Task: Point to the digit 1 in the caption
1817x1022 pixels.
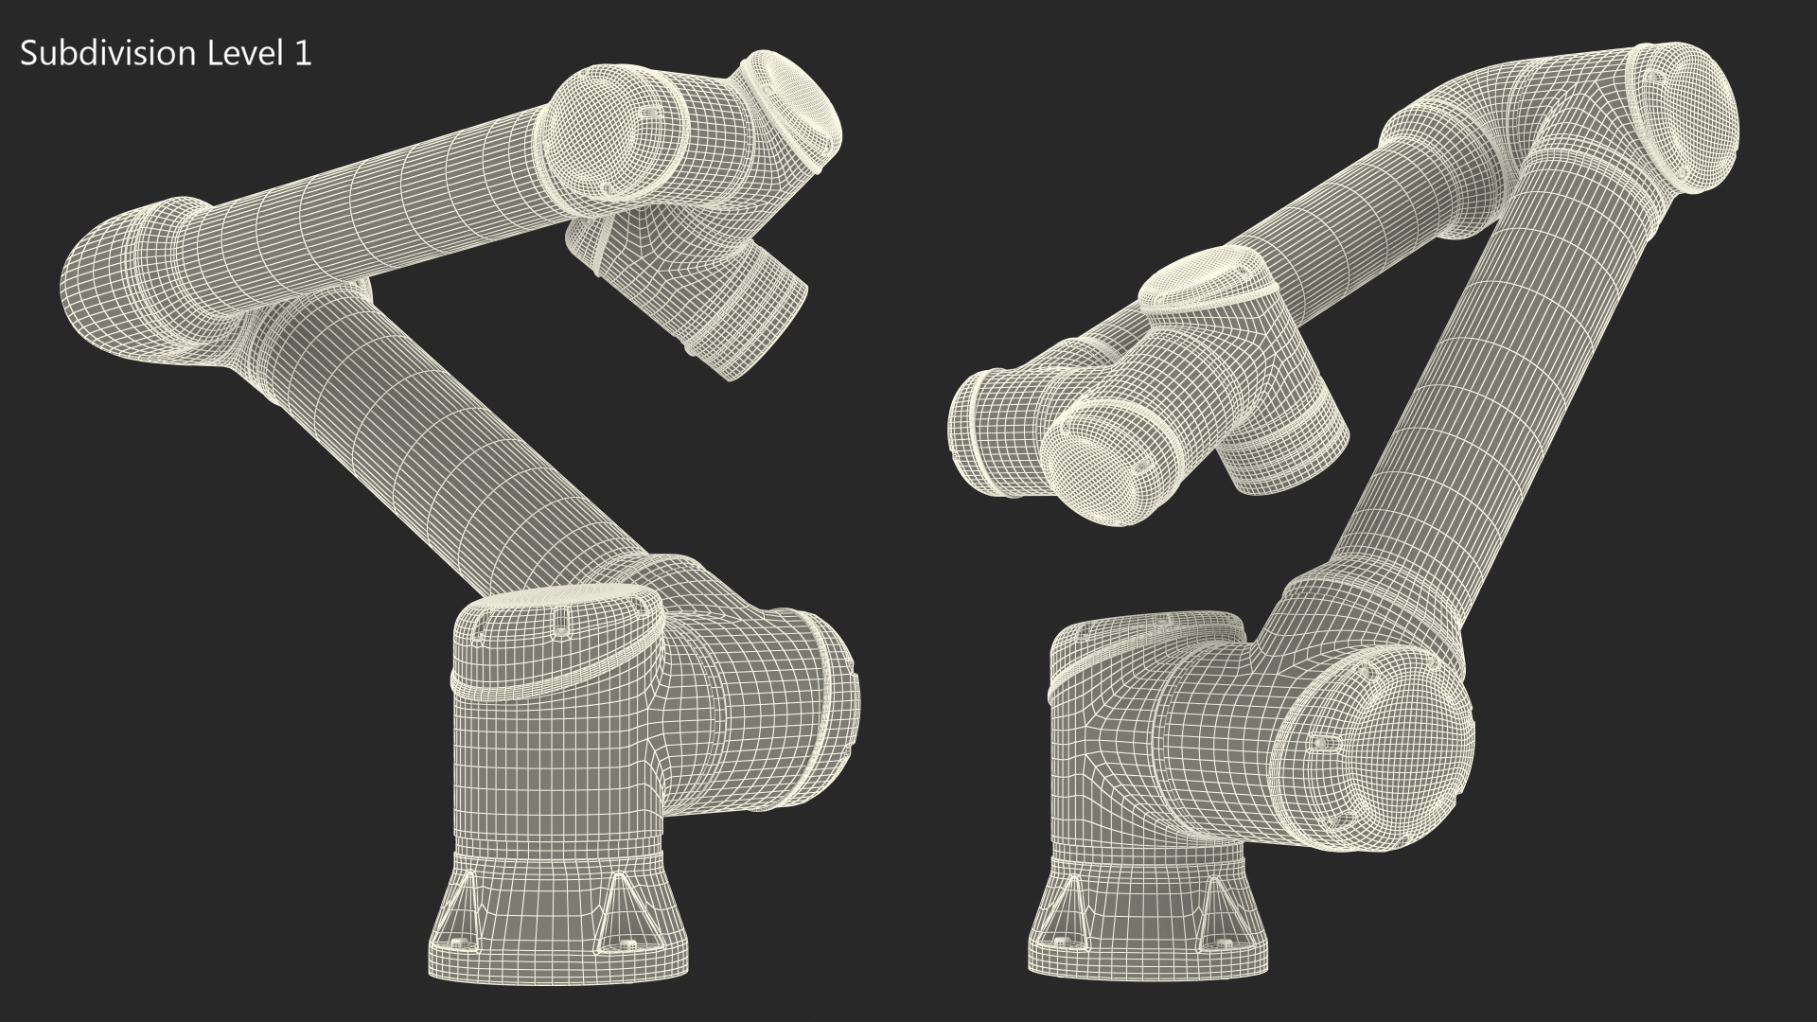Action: click(x=303, y=54)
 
